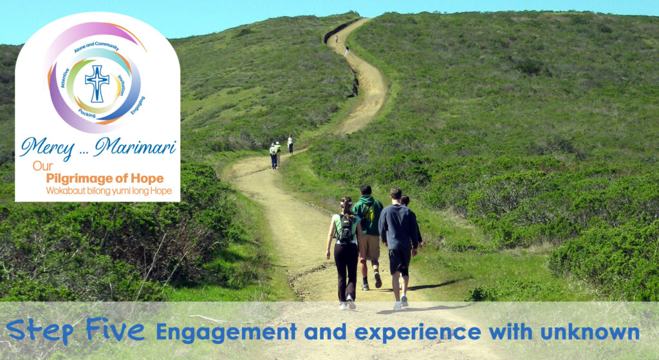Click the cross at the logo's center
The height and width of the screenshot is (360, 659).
97,83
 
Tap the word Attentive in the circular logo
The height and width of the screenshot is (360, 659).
65,78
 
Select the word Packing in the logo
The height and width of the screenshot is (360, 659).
87,113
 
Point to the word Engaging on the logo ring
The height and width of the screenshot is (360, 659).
138,105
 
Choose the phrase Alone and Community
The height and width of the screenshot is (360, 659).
97,46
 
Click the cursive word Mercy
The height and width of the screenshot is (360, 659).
47,148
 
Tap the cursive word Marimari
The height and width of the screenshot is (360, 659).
135,146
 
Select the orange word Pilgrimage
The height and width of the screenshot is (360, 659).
79,179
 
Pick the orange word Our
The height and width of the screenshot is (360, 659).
43,166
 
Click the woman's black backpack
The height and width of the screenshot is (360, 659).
346,229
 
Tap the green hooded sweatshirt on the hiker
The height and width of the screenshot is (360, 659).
367,214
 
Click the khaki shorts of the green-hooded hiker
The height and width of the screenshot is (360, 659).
370,247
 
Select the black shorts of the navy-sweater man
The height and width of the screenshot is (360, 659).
399,261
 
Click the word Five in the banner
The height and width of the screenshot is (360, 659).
115,329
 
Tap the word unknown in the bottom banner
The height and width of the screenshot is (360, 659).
589,332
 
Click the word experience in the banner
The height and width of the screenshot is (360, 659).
418,333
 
